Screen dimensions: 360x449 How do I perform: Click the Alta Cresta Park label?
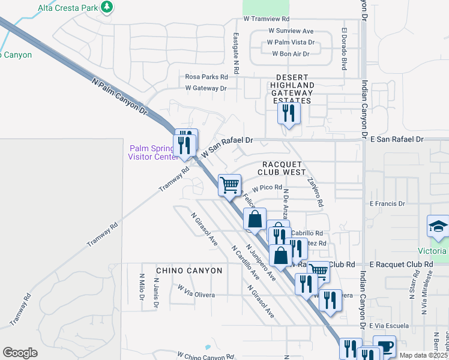67,7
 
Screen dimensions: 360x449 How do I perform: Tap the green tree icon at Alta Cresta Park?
107,7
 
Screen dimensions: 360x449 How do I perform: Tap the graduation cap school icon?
438,226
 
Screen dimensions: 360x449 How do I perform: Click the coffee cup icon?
384,346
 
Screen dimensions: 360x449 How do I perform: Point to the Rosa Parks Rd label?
206,77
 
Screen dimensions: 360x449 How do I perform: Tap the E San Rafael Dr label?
397,139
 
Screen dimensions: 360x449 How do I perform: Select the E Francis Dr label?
387,204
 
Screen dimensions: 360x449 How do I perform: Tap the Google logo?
20,353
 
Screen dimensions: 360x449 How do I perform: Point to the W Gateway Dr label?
206,88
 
